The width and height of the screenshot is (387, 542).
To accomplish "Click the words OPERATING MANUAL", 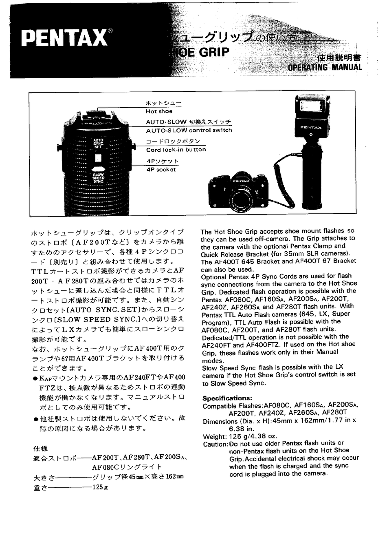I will pos(325,67).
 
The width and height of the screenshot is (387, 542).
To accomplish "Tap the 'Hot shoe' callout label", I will pos(159,111).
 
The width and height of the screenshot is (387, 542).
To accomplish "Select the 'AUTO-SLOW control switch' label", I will pos(189,130).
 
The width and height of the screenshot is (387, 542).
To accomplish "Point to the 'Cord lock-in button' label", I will pos(176,150).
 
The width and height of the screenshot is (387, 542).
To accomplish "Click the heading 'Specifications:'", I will pos(227,398).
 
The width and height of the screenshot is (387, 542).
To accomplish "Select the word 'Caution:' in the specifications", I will pos(215,444).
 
